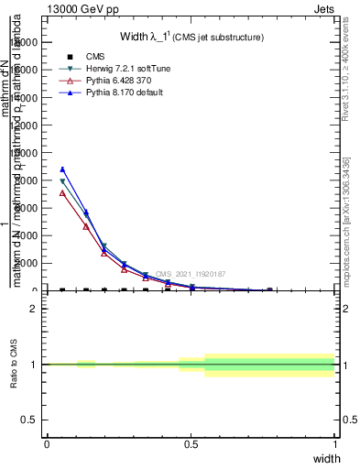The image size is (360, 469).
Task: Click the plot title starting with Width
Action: (191, 38)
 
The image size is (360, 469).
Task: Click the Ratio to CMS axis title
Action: (15, 365)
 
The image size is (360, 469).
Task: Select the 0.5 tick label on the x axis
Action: (191, 444)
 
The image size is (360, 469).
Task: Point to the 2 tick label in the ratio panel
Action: (34, 309)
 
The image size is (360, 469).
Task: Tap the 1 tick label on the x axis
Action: (335, 444)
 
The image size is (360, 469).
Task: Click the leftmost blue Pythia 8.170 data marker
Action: (62, 169)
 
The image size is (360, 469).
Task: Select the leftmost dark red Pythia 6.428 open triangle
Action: (62, 192)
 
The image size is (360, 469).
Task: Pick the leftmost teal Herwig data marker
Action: (62, 181)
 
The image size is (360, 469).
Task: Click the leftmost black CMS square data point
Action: (62, 290)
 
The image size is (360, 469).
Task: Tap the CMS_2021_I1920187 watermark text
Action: (191, 274)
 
